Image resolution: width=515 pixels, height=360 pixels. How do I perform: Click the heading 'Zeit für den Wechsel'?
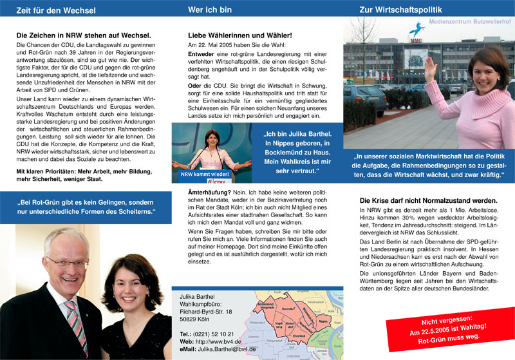point(55,10)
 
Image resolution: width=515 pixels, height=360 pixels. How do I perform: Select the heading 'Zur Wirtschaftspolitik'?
point(401,10)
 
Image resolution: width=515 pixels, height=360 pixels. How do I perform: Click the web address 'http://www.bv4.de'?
point(217,341)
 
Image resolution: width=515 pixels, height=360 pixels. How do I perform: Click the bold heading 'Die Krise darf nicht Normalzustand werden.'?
point(428,200)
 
